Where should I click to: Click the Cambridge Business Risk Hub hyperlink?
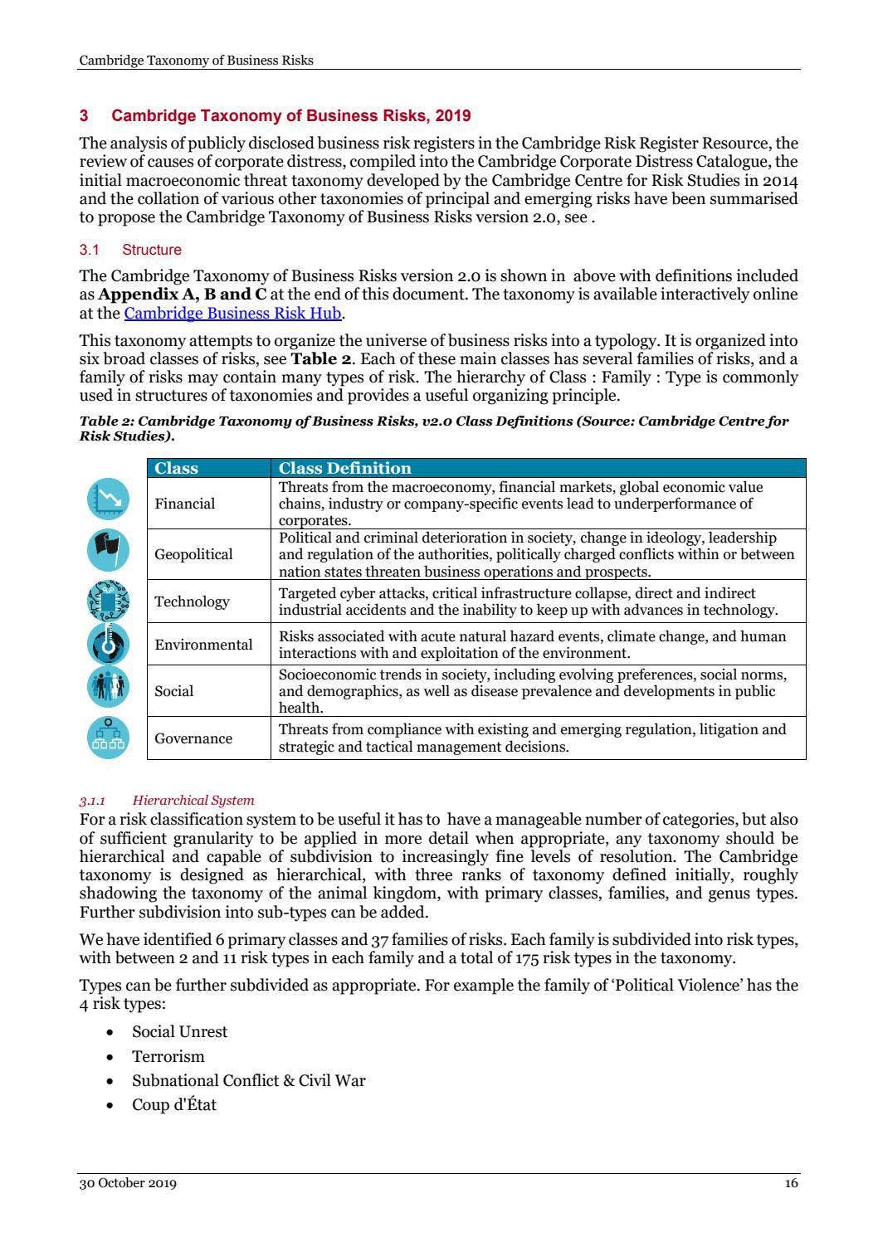[232, 313]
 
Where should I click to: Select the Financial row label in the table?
[184, 504]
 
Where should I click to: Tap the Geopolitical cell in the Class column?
[193, 554]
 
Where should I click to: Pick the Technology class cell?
[192, 602]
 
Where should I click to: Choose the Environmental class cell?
[203, 645]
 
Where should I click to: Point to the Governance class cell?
[193, 738]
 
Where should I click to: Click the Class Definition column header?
[344, 468]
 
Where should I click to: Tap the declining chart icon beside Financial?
[108, 499]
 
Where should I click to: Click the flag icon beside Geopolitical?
[108, 549]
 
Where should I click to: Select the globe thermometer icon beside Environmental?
[108, 643]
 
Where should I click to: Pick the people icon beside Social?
[108, 687]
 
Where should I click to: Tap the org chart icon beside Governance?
[108, 737]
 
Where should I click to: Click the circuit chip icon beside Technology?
[108, 601]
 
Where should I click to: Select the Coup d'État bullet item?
[173, 1104]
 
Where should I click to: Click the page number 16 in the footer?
[791, 1183]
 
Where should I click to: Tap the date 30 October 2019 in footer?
[128, 1183]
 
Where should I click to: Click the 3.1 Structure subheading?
[130, 250]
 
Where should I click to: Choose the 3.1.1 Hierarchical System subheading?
[167, 801]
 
